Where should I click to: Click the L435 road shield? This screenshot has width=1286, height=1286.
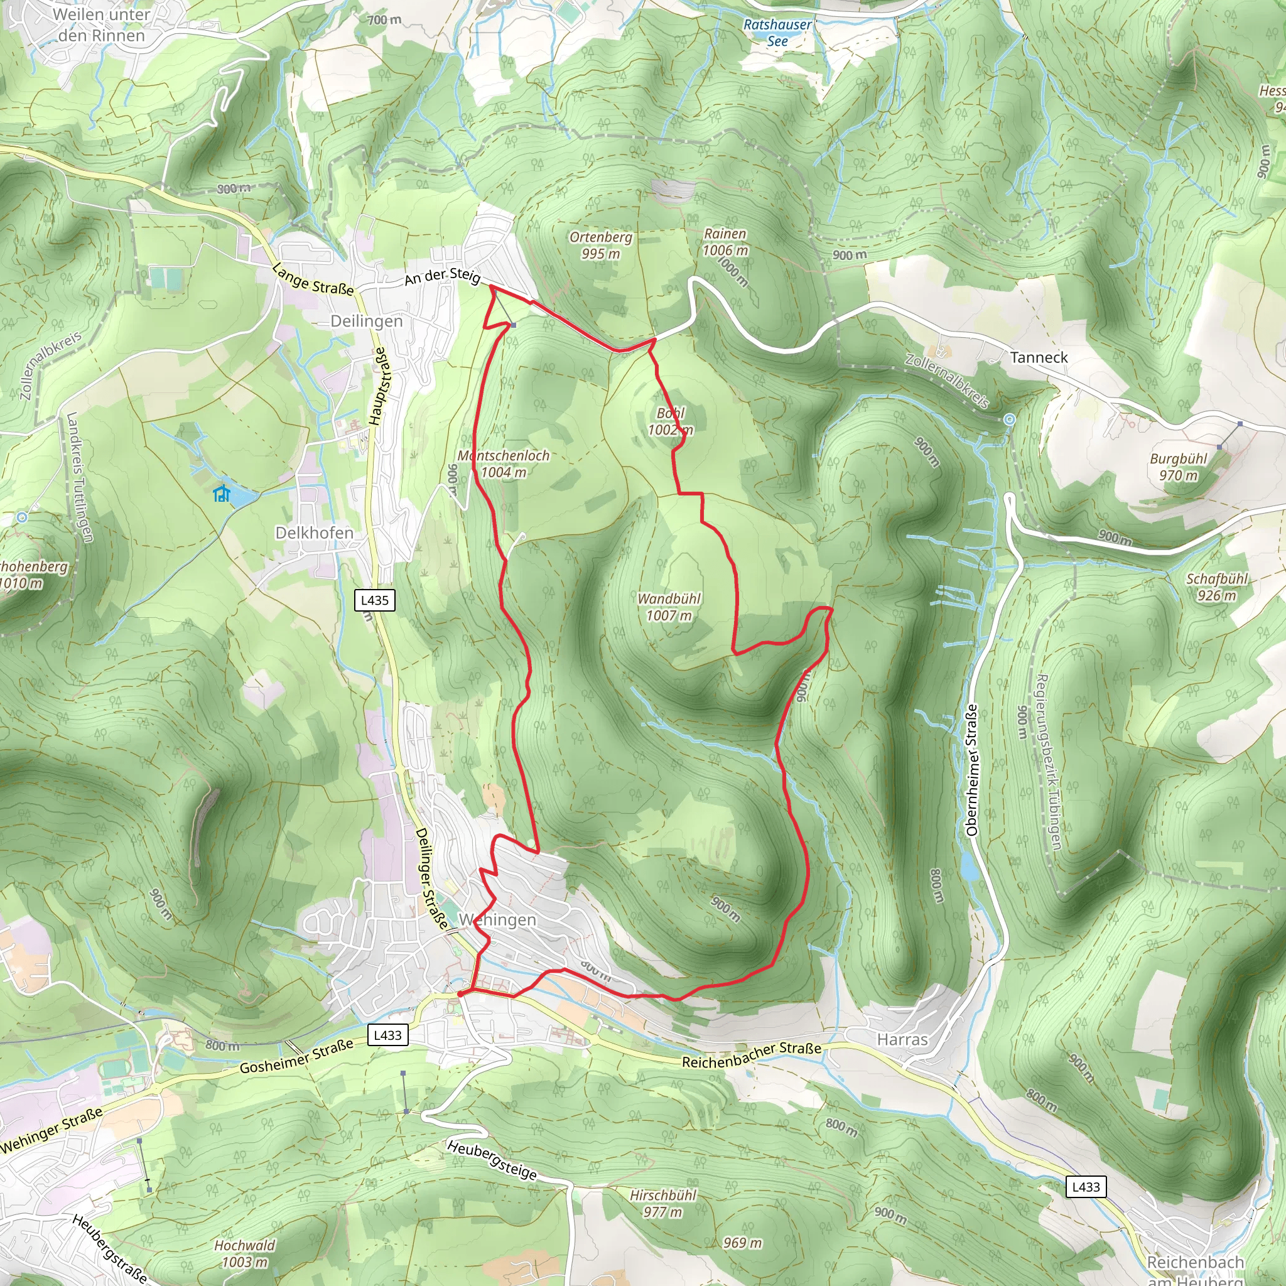pos(375,600)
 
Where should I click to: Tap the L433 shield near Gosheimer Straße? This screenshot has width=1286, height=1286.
pos(388,1034)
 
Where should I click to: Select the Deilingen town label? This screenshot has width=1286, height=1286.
pos(367,321)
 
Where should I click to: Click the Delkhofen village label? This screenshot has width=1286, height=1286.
pos(314,532)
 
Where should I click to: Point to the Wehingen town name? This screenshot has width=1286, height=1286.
pos(497,919)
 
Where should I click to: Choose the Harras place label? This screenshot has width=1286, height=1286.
pos(902,1039)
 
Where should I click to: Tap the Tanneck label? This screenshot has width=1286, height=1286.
pos(1039,357)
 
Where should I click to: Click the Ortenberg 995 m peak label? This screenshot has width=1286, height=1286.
pos(600,245)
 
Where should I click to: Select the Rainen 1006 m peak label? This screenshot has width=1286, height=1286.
pos(725,242)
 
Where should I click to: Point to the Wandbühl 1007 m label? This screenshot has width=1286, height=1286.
pos(669,607)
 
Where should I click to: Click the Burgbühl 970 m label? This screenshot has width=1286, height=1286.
pos(1178,467)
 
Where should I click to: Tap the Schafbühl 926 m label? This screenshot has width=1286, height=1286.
pos(1216,586)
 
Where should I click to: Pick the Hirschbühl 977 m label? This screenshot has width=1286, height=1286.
pos(662,1202)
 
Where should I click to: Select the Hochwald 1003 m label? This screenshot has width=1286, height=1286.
pos(244,1253)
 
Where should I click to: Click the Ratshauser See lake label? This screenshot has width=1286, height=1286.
pos(777,33)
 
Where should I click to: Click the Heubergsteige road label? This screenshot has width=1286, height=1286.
pos(492,1160)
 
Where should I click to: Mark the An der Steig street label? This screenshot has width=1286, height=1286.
pos(443,276)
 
